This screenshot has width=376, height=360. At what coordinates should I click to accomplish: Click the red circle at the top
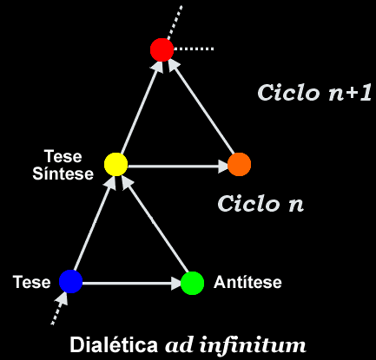tap(162, 49)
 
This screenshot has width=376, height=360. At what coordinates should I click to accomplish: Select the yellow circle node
tap(115, 164)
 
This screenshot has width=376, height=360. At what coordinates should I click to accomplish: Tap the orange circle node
tap(239, 164)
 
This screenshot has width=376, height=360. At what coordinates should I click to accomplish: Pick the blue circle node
tap(71, 281)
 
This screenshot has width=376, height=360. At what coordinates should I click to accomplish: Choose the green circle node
tap(192, 283)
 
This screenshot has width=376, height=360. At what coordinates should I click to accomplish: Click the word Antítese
tap(247, 282)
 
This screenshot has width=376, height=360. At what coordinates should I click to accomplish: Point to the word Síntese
tap(63, 173)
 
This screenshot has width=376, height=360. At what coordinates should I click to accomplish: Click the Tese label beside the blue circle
tap(31, 282)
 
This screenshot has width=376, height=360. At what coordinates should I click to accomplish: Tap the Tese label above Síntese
tap(63, 156)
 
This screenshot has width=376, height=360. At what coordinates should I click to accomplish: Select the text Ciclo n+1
tap(314, 93)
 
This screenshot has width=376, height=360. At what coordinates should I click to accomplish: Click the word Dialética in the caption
tap(114, 344)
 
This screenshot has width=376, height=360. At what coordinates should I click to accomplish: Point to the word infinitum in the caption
tap(253, 344)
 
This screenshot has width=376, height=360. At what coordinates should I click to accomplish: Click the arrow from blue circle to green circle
tap(132, 283)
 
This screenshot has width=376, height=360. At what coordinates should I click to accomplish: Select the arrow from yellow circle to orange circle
tap(178, 167)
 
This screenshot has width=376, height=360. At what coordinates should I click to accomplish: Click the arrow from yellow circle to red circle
tap(141, 108)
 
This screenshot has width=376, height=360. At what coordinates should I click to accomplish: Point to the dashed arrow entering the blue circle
tap(60, 308)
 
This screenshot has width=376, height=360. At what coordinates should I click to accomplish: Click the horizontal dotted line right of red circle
tap(194, 49)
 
